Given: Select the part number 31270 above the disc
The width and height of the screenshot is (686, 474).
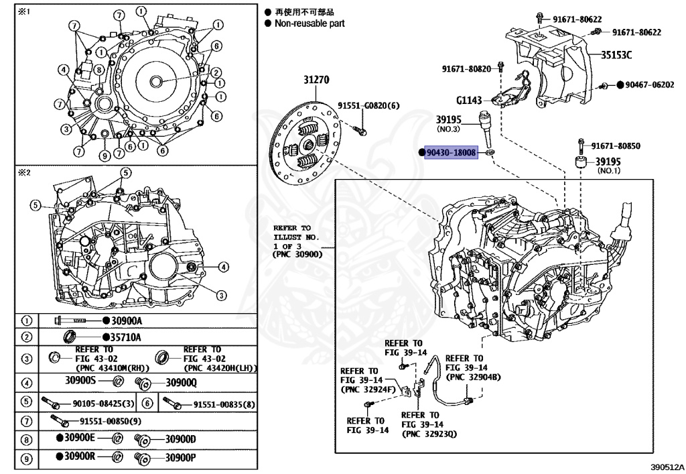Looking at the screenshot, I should pos(317,80).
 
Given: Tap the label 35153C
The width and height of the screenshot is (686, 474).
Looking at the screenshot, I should pos(616,55).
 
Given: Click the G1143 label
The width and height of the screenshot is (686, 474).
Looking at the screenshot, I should pos(469,101).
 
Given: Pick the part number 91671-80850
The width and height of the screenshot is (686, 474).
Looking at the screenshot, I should pos(615,145).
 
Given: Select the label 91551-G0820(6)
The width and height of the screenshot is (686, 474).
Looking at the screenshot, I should pos(368,106).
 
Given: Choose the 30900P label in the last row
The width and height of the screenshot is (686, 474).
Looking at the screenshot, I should pos(181,459).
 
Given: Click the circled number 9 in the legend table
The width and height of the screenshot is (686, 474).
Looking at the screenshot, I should pos(26,459).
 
